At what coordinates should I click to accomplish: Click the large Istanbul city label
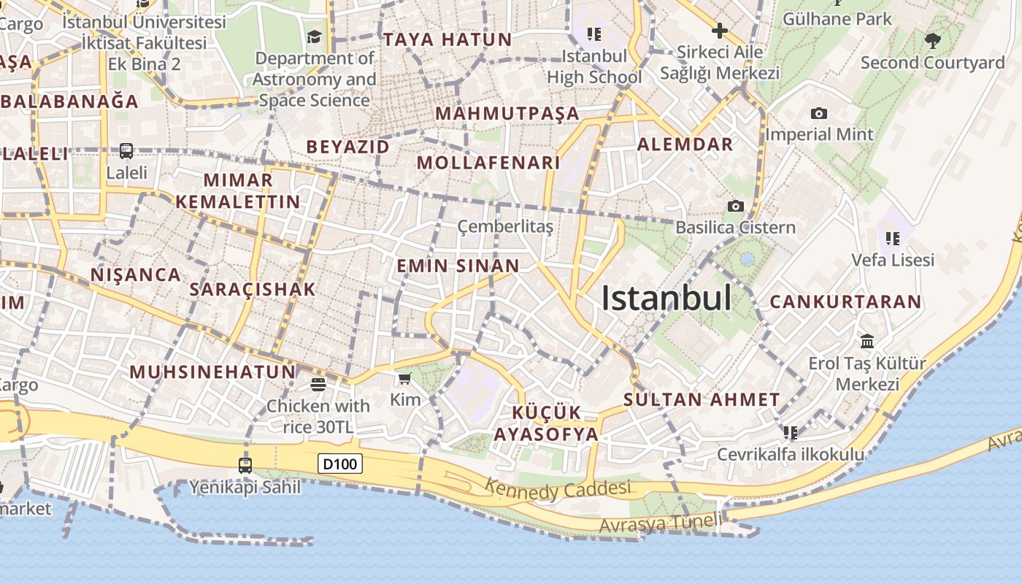click(666, 299)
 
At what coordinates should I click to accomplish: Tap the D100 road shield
click(340, 464)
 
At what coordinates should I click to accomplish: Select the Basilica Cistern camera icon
click(735, 207)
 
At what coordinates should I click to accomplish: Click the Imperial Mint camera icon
click(819, 113)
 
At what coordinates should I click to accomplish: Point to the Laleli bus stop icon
click(126, 151)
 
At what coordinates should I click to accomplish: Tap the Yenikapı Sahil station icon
click(245, 465)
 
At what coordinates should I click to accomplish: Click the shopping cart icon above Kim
click(404, 378)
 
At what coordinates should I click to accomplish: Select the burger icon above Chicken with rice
click(318, 384)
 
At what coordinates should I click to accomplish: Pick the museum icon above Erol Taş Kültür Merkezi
click(867, 341)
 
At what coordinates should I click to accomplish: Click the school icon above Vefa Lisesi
click(893, 238)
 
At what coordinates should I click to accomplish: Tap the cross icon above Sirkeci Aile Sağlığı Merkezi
click(719, 31)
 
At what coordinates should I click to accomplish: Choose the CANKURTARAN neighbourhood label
click(845, 301)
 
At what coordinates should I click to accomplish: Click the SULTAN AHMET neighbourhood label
click(702, 399)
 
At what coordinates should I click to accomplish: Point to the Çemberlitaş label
click(505, 227)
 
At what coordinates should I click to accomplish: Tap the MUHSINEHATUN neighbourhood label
click(212, 372)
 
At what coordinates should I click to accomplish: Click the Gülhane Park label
click(837, 19)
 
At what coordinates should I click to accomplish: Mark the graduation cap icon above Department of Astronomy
click(314, 36)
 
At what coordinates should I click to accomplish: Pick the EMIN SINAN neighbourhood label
click(458, 266)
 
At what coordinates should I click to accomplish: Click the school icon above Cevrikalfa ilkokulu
click(790, 433)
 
